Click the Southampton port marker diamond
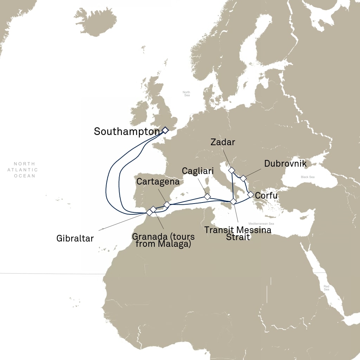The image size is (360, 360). point(165,130)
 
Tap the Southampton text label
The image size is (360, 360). point(127,132)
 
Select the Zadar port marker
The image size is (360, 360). point(231,170)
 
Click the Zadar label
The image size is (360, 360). point(223,142)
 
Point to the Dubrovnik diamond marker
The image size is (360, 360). point(243,178)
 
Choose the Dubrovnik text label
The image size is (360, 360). point(285,164)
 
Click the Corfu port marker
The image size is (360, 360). point(250,194)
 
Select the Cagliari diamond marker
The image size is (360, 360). point(207,197)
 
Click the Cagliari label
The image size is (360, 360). point(198,171)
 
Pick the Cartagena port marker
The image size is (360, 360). point(167,204)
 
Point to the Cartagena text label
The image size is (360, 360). point(158,182)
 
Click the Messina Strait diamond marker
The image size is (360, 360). point(233,201)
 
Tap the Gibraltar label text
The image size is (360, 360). point(75,239)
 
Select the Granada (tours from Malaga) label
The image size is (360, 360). point(163,240)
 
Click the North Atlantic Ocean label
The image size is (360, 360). point(25,170)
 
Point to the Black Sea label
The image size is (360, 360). point(307,177)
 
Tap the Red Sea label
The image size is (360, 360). point(327,288)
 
